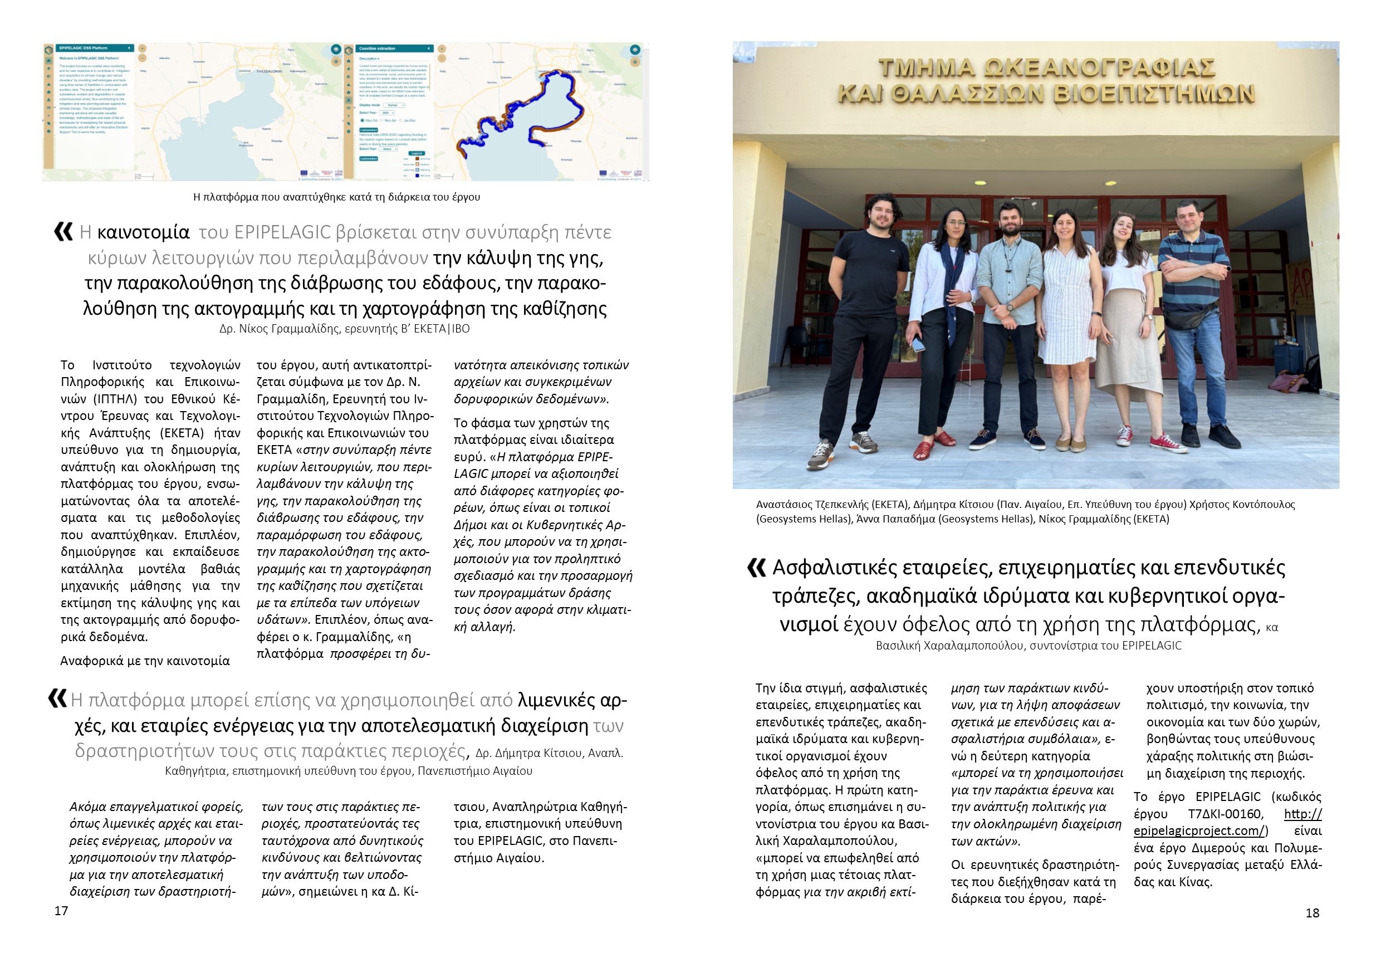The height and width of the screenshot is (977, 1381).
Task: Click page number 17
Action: [x=61, y=911]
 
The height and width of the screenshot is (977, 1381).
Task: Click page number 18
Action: [x=1313, y=912]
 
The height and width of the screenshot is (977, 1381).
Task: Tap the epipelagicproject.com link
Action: [x=1200, y=831]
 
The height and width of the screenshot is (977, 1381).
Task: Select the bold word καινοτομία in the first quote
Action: [x=143, y=232]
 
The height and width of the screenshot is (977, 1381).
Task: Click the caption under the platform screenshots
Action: [x=336, y=197]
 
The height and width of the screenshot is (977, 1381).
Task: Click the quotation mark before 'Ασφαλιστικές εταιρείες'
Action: [x=756, y=566]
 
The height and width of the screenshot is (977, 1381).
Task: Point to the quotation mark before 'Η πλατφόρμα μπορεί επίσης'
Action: [x=57, y=698]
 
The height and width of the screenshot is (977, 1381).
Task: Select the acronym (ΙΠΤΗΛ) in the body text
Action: [x=115, y=399]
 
